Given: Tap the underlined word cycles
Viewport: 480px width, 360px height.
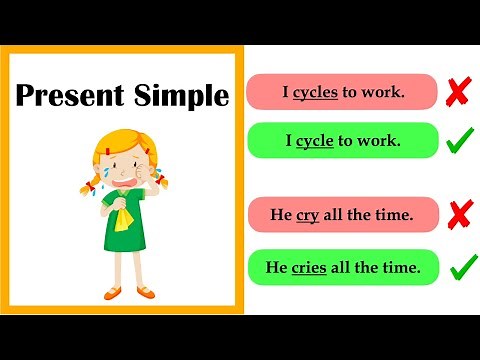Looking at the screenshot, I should (315, 92).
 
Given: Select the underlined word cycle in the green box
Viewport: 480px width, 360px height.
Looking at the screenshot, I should (315, 141).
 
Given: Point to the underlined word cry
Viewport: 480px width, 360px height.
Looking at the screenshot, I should (307, 215).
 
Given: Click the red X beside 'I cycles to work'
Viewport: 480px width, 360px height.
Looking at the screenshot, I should (459, 92).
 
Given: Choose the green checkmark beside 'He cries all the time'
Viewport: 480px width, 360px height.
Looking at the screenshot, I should (462, 267).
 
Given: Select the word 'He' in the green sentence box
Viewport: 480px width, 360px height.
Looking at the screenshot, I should (277, 267).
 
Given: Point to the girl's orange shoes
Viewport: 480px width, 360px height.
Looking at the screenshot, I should (131, 292).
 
